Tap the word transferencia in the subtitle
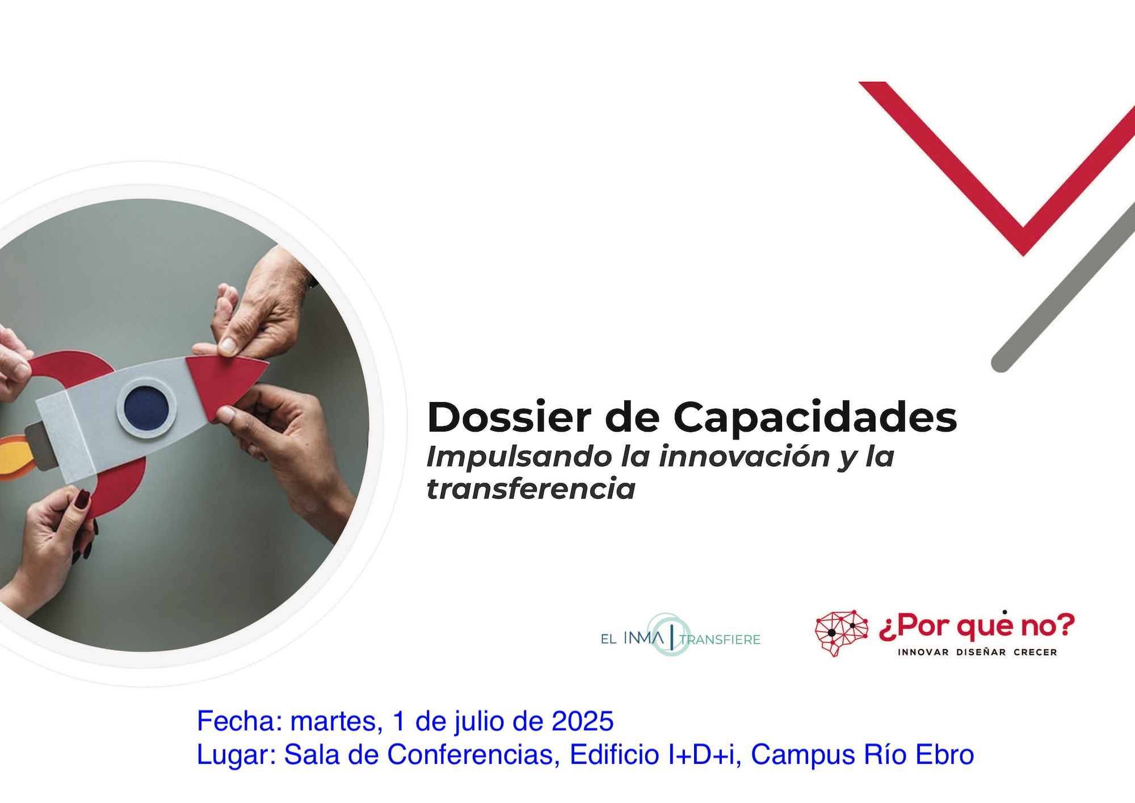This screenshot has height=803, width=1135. pyautogui.click(x=531, y=490)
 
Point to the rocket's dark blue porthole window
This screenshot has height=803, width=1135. pyautogui.click(x=146, y=407)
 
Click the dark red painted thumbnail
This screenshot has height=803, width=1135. pyautogui.click(x=83, y=499)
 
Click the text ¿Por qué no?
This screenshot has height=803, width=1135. pyautogui.click(x=977, y=626)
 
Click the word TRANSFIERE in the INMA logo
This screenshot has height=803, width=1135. pyautogui.click(x=720, y=640)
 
